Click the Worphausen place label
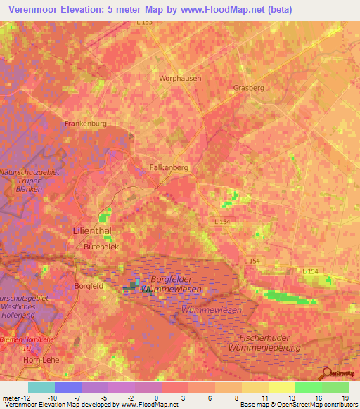(x=180, y=78)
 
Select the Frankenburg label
(x=85, y=123)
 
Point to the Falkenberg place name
(x=170, y=168)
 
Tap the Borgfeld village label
(x=89, y=286)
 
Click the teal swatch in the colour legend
(x=41, y=387)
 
